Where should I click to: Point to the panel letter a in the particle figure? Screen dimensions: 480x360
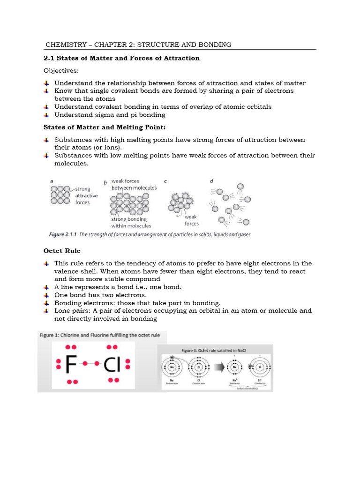(x=52, y=180)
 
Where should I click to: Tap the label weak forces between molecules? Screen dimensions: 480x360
(x=134, y=184)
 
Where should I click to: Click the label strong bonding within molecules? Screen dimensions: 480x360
(x=131, y=222)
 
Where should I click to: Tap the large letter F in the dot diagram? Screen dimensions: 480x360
(x=72, y=365)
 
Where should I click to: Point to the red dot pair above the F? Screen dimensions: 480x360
(x=71, y=347)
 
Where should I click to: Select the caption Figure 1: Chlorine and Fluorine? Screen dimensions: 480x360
(x=99, y=335)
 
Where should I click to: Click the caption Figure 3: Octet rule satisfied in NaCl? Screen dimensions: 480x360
(x=215, y=350)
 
